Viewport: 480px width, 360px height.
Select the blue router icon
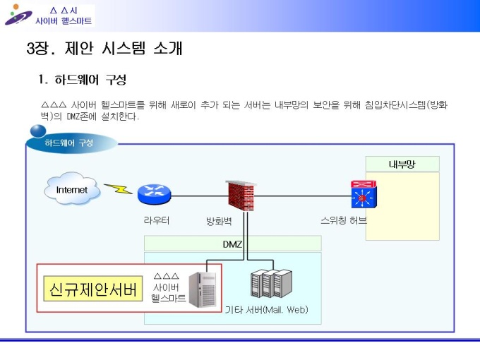pos(150,194)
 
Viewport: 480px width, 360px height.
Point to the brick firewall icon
pos(239,196)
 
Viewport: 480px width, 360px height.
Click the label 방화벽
pos(219,221)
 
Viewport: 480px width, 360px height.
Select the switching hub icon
pos(364,195)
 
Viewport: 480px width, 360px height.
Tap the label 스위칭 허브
pos(344,220)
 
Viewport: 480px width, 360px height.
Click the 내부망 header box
pos(402,164)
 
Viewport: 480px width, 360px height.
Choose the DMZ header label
pos(232,244)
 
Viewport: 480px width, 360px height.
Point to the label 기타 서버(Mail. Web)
pos(266,310)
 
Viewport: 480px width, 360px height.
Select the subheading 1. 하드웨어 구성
pos(83,78)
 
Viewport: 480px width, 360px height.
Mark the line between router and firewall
pos(194,195)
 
